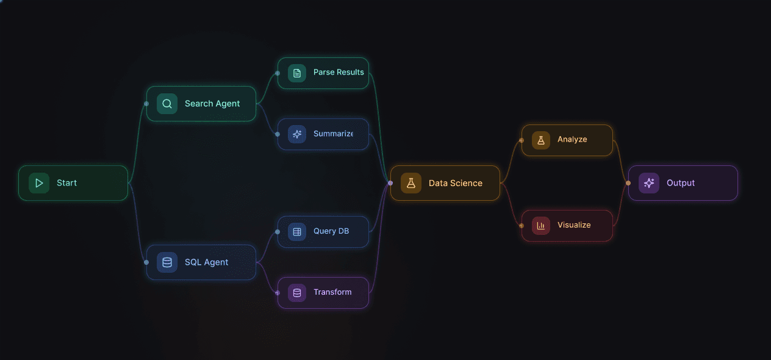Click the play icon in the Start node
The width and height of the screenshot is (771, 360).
point(39,183)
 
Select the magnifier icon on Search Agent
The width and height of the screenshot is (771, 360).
point(167,104)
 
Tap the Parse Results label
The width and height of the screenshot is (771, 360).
point(339,72)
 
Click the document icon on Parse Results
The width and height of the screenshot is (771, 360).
point(297,73)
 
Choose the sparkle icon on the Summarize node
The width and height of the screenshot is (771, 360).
point(297,134)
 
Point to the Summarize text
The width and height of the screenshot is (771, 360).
point(333,134)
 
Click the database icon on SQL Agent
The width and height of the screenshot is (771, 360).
point(167,262)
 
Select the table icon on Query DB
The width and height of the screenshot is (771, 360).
point(297,232)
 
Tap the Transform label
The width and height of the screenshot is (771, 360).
point(332,292)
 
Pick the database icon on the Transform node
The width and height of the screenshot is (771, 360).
point(297,293)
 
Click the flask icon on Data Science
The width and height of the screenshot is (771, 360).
point(411,183)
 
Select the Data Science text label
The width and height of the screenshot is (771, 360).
point(455,183)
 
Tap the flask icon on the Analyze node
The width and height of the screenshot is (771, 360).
point(541,140)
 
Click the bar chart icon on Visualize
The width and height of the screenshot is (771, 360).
point(541,226)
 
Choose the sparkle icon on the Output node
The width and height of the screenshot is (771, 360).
point(649,183)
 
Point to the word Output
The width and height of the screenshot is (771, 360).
point(681,183)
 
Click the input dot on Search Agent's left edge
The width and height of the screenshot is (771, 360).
point(146,104)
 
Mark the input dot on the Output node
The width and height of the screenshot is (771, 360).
point(628,183)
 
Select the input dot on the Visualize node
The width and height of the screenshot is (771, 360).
point(522,226)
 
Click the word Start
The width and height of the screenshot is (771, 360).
point(66,183)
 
